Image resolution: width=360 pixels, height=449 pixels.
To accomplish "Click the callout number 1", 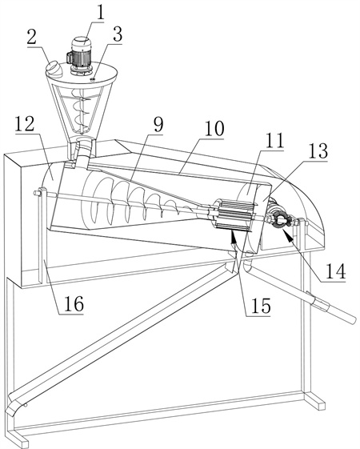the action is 99,11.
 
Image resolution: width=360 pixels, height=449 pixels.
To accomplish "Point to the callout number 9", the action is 158,125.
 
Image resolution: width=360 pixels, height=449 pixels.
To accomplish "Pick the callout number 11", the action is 274,141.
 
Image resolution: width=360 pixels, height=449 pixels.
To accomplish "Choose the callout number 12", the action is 25,124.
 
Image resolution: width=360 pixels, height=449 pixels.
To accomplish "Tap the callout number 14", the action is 335,271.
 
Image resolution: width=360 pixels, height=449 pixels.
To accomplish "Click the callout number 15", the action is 261,306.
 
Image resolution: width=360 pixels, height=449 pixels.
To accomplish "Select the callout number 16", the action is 74,304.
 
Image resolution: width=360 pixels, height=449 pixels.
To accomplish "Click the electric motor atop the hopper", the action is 80,54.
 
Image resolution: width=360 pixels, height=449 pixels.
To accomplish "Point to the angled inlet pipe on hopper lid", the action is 54,69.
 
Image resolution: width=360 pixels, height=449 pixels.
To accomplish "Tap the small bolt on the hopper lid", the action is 93,79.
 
